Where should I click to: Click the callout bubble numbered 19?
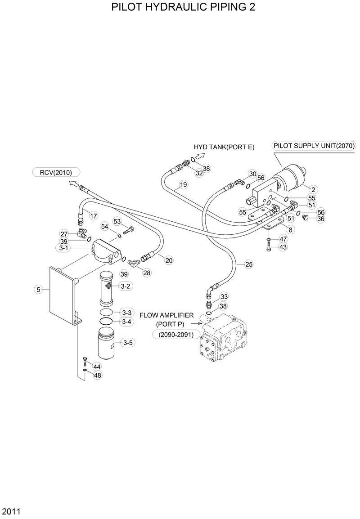click(183, 184)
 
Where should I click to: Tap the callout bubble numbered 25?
click(249, 264)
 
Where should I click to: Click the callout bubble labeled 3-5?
click(127, 343)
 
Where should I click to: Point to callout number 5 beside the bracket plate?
click(39, 290)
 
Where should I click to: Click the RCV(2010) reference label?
click(56, 172)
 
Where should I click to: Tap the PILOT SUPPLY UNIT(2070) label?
click(314, 146)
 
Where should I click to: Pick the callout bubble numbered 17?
click(93, 216)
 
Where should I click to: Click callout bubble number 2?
click(313, 189)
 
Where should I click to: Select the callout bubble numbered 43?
click(283, 247)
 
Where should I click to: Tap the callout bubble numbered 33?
click(224, 296)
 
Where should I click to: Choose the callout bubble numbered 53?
click(117, 221)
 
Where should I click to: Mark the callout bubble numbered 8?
click(290, 230)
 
